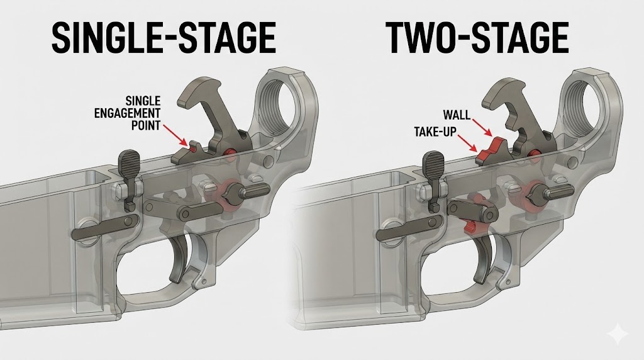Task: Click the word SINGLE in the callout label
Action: (x=143, y=101)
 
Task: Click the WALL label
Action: (x=458, y=115)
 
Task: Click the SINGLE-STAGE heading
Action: (x=162, y=38)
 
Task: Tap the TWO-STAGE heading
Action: (x=476, y=38)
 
